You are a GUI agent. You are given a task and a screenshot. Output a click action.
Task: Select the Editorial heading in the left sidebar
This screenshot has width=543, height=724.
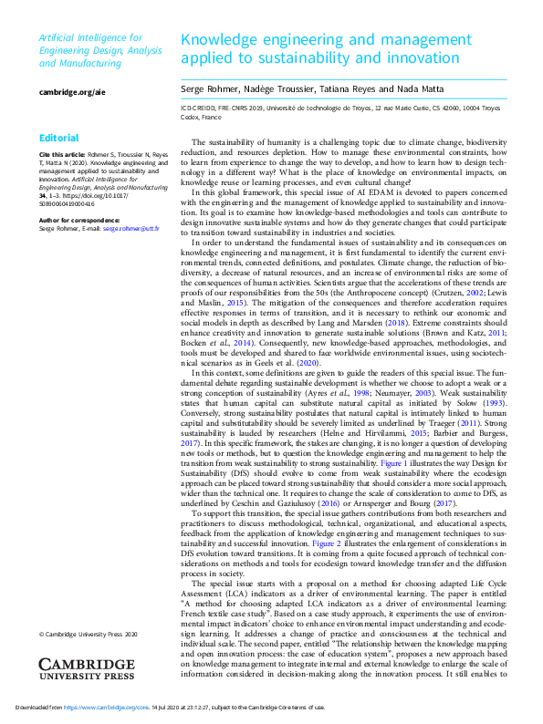click(59, 139)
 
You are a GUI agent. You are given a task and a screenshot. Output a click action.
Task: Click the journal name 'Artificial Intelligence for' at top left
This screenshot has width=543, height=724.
click(90, 37)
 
